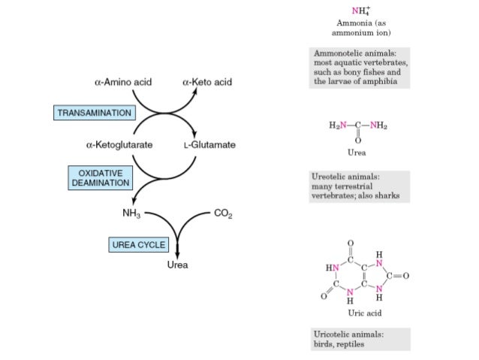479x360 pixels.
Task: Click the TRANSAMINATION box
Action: coord(95,113)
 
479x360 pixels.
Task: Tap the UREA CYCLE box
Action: coord(138,245)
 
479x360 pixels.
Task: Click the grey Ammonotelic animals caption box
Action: coord(360,68)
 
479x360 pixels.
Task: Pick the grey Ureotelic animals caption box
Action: coord(360,186)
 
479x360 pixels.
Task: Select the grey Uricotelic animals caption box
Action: coord(360,338)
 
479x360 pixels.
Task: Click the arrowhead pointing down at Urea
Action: coord(178,254)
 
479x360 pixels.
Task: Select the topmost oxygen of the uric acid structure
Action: coord(350,242)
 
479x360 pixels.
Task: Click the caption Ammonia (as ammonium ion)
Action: coord(361,28)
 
